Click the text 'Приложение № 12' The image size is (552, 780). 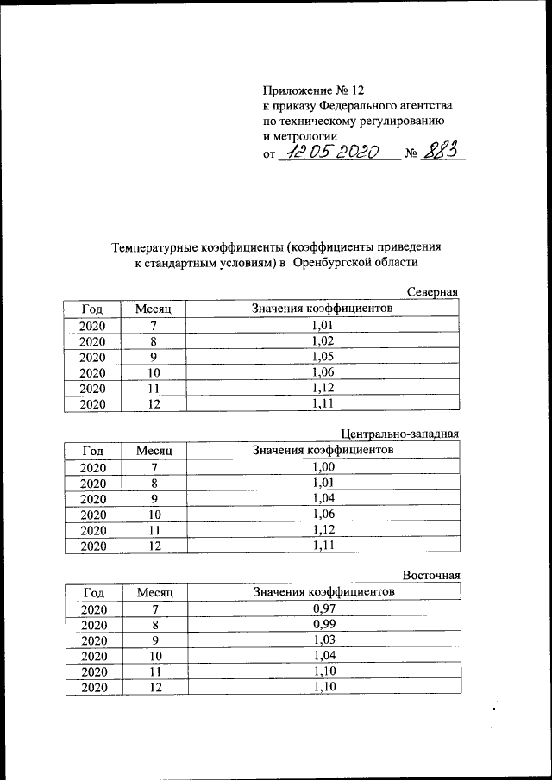click(314, 90)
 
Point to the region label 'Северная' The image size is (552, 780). click(433, 292)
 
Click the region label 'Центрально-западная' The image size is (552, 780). click(400, 434)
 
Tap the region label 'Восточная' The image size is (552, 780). click(431, 575)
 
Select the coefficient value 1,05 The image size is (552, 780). click(322, 356)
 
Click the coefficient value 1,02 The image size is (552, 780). click(322, 340)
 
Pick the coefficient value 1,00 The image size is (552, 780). click(322, 466)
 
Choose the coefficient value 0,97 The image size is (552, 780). click(323, 608)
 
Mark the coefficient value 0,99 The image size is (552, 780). click(323, 624)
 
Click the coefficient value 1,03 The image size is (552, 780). click(323, 640)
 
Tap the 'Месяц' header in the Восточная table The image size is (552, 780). click(155, 593)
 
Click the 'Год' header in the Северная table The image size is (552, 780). click(93, 309)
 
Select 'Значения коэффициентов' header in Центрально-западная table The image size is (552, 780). click(323, 450)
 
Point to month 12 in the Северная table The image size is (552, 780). click(154, 403)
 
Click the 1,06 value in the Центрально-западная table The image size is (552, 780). click(322, 514)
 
